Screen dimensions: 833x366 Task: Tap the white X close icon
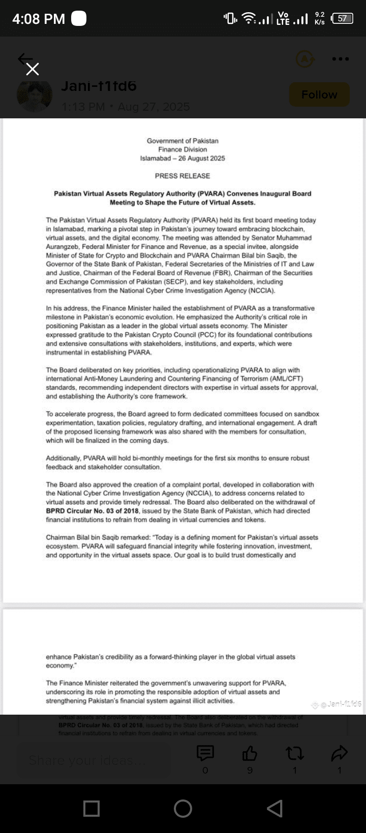(33, 70)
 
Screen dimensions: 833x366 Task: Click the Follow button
(319, 94)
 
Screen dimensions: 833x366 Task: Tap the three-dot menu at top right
(340, 59)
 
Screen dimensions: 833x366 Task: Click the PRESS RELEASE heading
(182, 176)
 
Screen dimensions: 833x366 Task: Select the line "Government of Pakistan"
(182, 141)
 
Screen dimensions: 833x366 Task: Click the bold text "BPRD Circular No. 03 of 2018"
(93, 511)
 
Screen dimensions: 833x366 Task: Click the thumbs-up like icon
(250, 753)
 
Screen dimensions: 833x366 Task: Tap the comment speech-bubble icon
(205, 753)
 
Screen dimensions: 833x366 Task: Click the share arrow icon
(339, 753)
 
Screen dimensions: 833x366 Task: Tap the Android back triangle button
(274, 808)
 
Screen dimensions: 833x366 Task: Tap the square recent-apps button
(91, 808)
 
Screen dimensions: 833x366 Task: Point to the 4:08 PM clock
(39, 19)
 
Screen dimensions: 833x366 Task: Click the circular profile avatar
(35, 95)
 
